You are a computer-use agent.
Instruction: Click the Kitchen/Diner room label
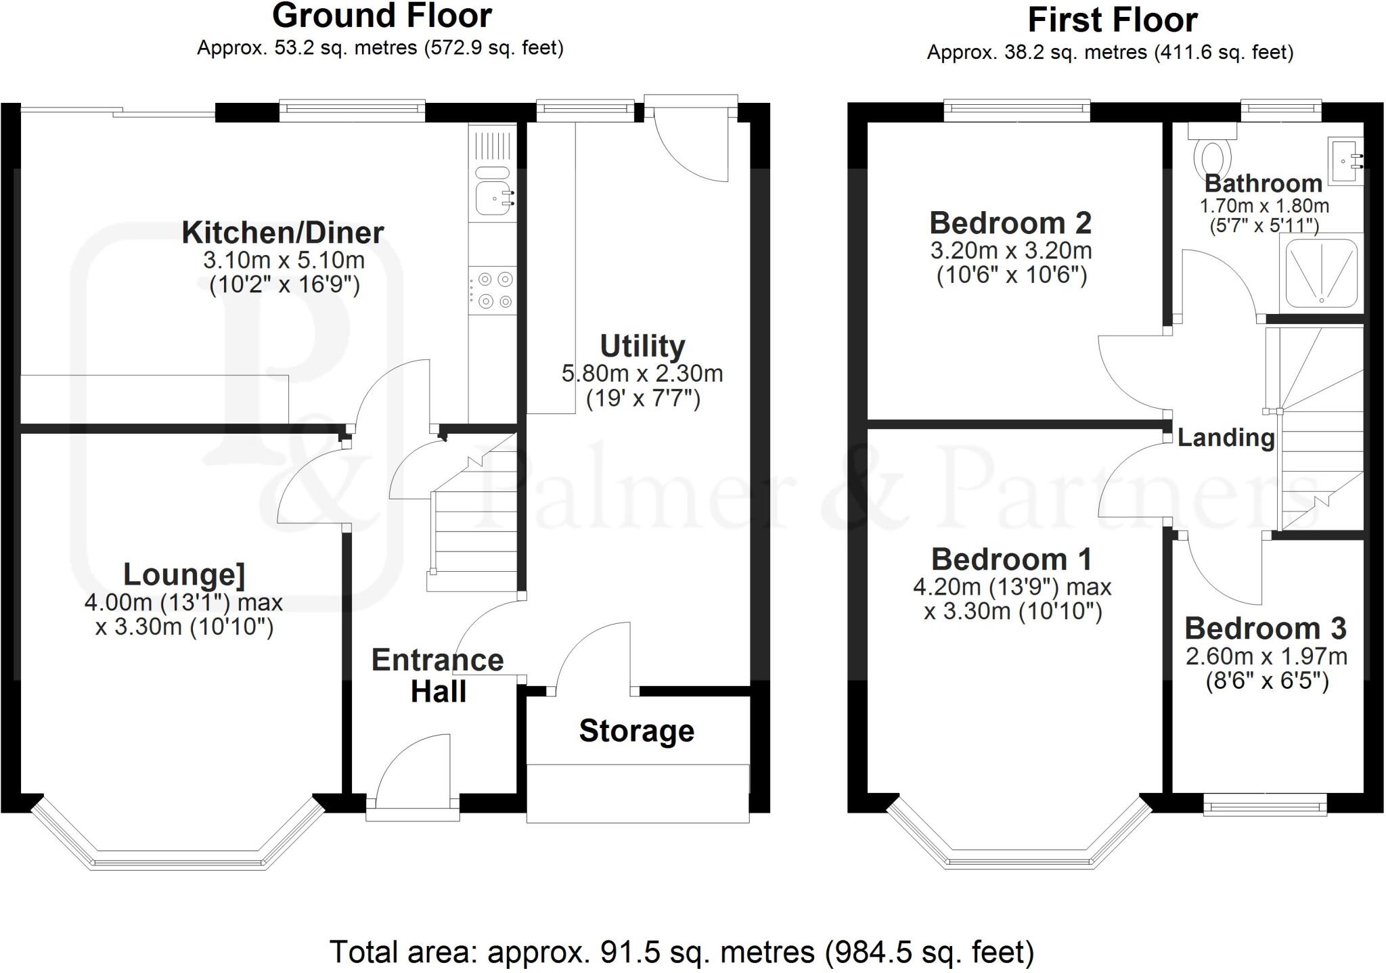283,233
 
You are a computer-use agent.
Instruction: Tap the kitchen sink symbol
493,198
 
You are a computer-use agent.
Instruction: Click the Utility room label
642,346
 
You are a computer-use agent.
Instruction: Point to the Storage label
636,731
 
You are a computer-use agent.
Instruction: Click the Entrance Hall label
438,675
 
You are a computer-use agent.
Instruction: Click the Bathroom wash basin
1345,161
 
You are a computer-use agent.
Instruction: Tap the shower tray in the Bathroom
1320,273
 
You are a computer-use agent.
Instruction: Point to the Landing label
1226,438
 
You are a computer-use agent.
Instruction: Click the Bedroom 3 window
1265,805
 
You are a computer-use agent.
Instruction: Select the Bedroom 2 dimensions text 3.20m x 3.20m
1011,250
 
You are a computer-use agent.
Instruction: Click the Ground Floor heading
382,16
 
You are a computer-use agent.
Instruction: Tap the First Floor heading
1113,20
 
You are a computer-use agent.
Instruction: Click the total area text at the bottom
681,952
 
